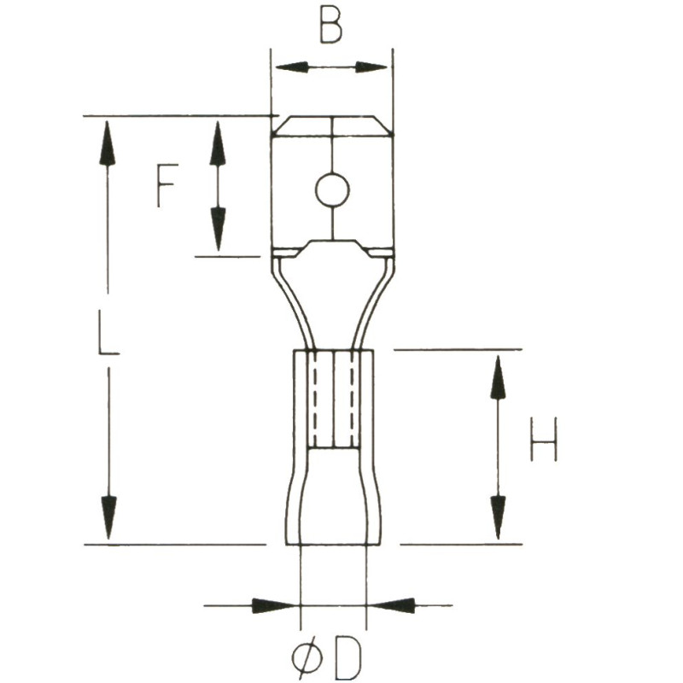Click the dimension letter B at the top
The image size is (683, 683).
coord(331,26)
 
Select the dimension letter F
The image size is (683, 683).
coord(166,185)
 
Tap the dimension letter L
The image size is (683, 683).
coord(107,332)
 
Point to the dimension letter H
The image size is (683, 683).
coord(543,439)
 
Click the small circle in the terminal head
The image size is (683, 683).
coord(331,190)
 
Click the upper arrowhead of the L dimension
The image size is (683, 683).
coord(107,143)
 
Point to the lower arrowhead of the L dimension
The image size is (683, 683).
coord(108,517)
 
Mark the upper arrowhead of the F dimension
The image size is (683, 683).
coord(218,143)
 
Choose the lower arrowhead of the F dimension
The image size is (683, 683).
coord(218,229)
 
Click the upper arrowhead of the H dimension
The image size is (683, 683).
coord(498,377)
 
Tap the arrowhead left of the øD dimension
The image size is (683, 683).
coord(274,605)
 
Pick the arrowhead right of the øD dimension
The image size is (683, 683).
coord(393,605)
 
